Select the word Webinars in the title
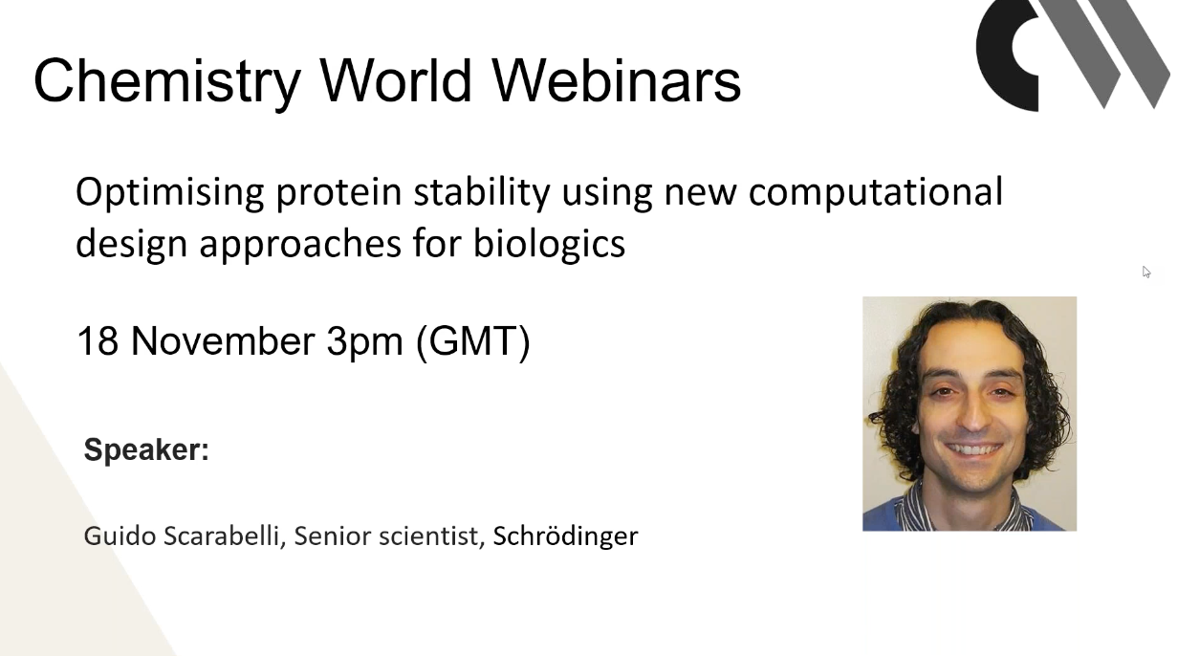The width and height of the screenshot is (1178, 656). point(617,80)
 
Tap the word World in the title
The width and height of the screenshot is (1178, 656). point(396,80)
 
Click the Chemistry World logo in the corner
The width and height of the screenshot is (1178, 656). point(1073,55)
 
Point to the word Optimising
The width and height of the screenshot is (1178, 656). point(169,193)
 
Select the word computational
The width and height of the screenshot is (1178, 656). point(876,193)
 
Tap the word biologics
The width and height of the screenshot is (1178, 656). point(550,245)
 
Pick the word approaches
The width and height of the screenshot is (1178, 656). point(300,245)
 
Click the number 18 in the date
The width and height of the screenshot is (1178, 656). point(98,340)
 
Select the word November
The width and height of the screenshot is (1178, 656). point(223,340)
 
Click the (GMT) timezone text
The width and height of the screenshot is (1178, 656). point(472,342)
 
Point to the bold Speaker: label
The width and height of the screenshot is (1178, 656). point(146,450)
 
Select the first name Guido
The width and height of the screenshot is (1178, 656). point(120,536)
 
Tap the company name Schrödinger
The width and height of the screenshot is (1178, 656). point(565,537)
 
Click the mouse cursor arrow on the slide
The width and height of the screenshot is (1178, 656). point(1145,272)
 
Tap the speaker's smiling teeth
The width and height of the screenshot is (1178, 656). point(973,450)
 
